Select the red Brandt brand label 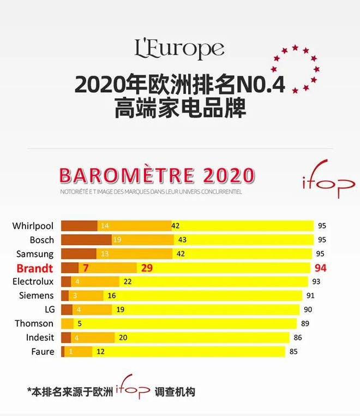tap(35, 268)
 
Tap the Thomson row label tap(34, 324)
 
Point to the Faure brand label tap(43, 352)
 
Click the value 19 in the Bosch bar tap(116, 240)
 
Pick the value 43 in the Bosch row tap(182, 240)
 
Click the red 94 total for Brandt tap(320, 268)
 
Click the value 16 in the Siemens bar tap(112, 296)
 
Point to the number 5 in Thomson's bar tap(79, 324)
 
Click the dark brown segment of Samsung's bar tap(79, 254)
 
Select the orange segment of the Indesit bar tap(98, 337)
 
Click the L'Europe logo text tap(179, 50)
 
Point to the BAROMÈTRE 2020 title tap(157, 176)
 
